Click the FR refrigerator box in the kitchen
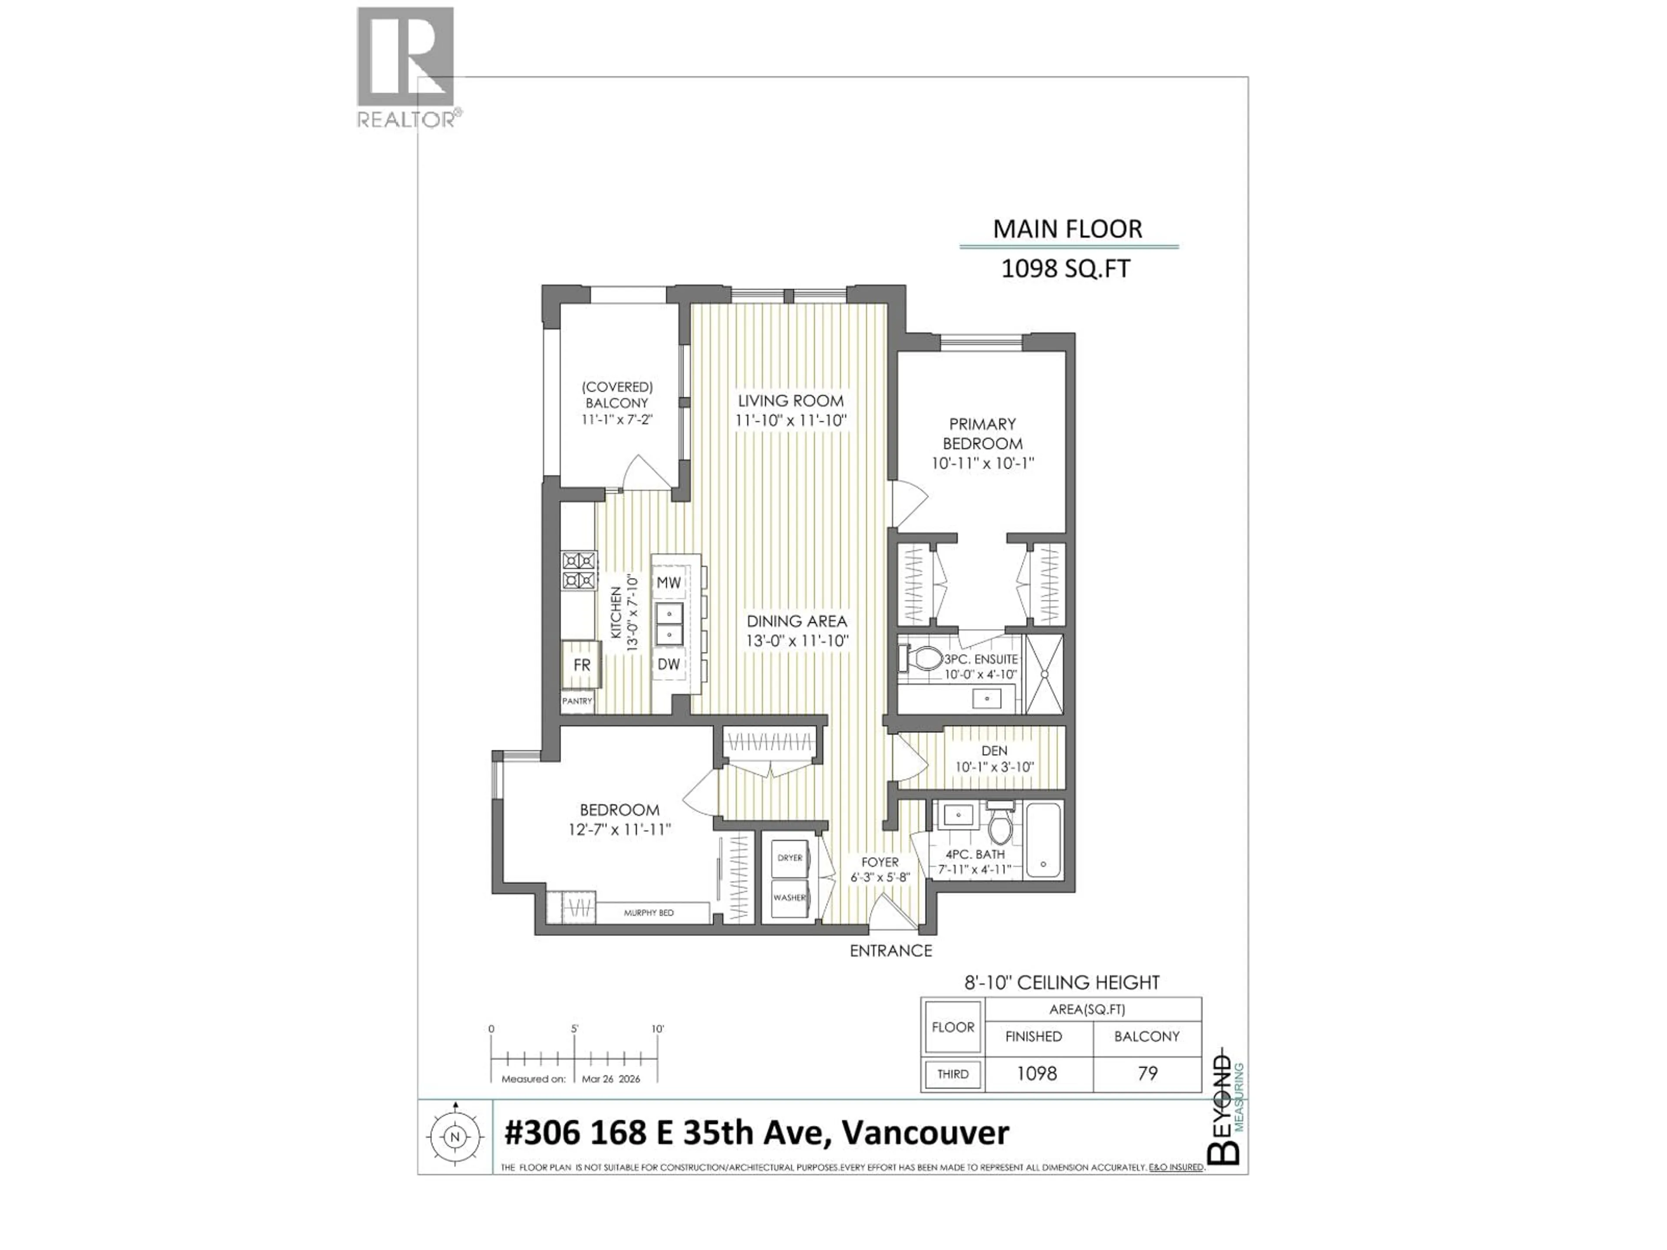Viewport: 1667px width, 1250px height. [x=581, y=664]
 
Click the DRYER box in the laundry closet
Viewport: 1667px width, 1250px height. [x=790, y=858]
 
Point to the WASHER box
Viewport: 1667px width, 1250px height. [x=790, y=898]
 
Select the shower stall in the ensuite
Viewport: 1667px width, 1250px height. [x=1044, y=674]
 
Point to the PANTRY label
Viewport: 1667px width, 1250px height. [x=577, y=701]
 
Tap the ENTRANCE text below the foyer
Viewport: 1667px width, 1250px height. [x=891, y=951]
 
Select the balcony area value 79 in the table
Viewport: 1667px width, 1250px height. [x=1147, y=1073]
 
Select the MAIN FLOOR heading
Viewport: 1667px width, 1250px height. [x=1067, y=229]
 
